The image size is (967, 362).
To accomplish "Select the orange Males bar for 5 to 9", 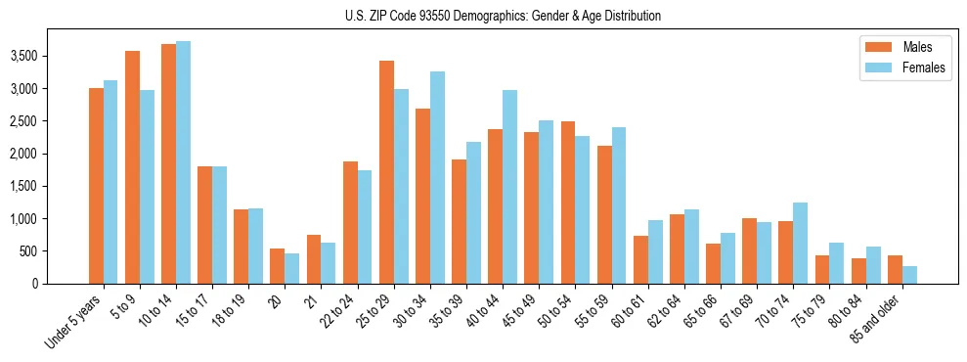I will (x=132, y=167).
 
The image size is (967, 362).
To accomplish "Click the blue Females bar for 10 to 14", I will (x=183, y=162).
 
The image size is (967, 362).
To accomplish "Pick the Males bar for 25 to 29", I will (x=386, y=172).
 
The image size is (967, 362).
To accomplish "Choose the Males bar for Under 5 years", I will (x=96, y=186).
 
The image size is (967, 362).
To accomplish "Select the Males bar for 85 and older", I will (x=895, y=269).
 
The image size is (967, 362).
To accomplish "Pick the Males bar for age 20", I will (x=277, y=266).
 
